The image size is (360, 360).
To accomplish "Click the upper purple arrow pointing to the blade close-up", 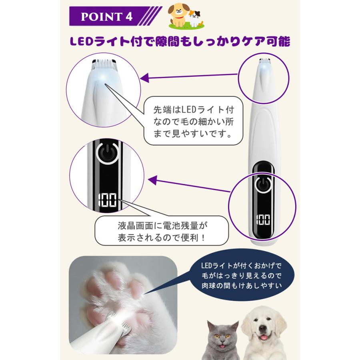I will tap(188, 77).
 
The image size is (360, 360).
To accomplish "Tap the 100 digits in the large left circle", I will tap(106, 200).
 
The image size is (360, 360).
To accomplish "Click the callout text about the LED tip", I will tap(193, 121).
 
